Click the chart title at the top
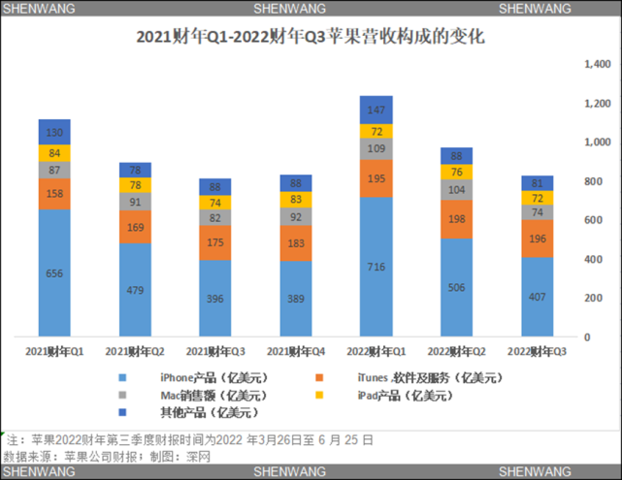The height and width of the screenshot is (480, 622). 310,40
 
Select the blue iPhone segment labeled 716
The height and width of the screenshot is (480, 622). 376,266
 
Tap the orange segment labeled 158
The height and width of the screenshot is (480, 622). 54,194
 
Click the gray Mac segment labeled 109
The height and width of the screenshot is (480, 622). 376,149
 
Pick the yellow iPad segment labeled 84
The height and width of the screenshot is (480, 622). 54,152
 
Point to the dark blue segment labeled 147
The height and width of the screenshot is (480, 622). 376,110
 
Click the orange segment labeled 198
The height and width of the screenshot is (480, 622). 456,219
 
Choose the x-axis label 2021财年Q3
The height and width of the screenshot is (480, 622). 214,350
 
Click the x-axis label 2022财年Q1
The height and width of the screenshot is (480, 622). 376,350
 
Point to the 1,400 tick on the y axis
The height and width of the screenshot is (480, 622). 598,65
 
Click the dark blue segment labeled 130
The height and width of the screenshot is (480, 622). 54,132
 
